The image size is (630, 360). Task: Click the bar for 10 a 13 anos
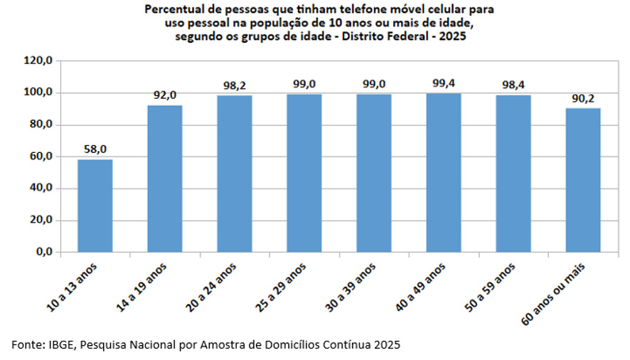coord(95,206)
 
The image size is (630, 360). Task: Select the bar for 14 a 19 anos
coord(165,179)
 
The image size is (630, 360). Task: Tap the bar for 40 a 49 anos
coord(444,173)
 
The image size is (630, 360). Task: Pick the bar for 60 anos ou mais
coord(583,180)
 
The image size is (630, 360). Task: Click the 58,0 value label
coord(95,149)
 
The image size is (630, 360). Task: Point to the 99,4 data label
coord(444,83)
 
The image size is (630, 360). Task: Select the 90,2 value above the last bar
coord(583,98)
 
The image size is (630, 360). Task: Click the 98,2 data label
coord(235,85)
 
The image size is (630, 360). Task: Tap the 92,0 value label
coord(165,95)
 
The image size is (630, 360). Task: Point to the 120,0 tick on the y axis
coord(38,60)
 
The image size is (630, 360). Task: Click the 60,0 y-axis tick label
coord(41,157)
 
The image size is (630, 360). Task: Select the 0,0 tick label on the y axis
coord(44,252)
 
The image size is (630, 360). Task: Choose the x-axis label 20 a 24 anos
coord(211,287)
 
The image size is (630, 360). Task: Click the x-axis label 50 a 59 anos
coord(490,287)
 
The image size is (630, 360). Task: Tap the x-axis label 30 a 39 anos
coord(351,287)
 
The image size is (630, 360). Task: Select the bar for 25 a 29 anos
coord(304,174)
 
